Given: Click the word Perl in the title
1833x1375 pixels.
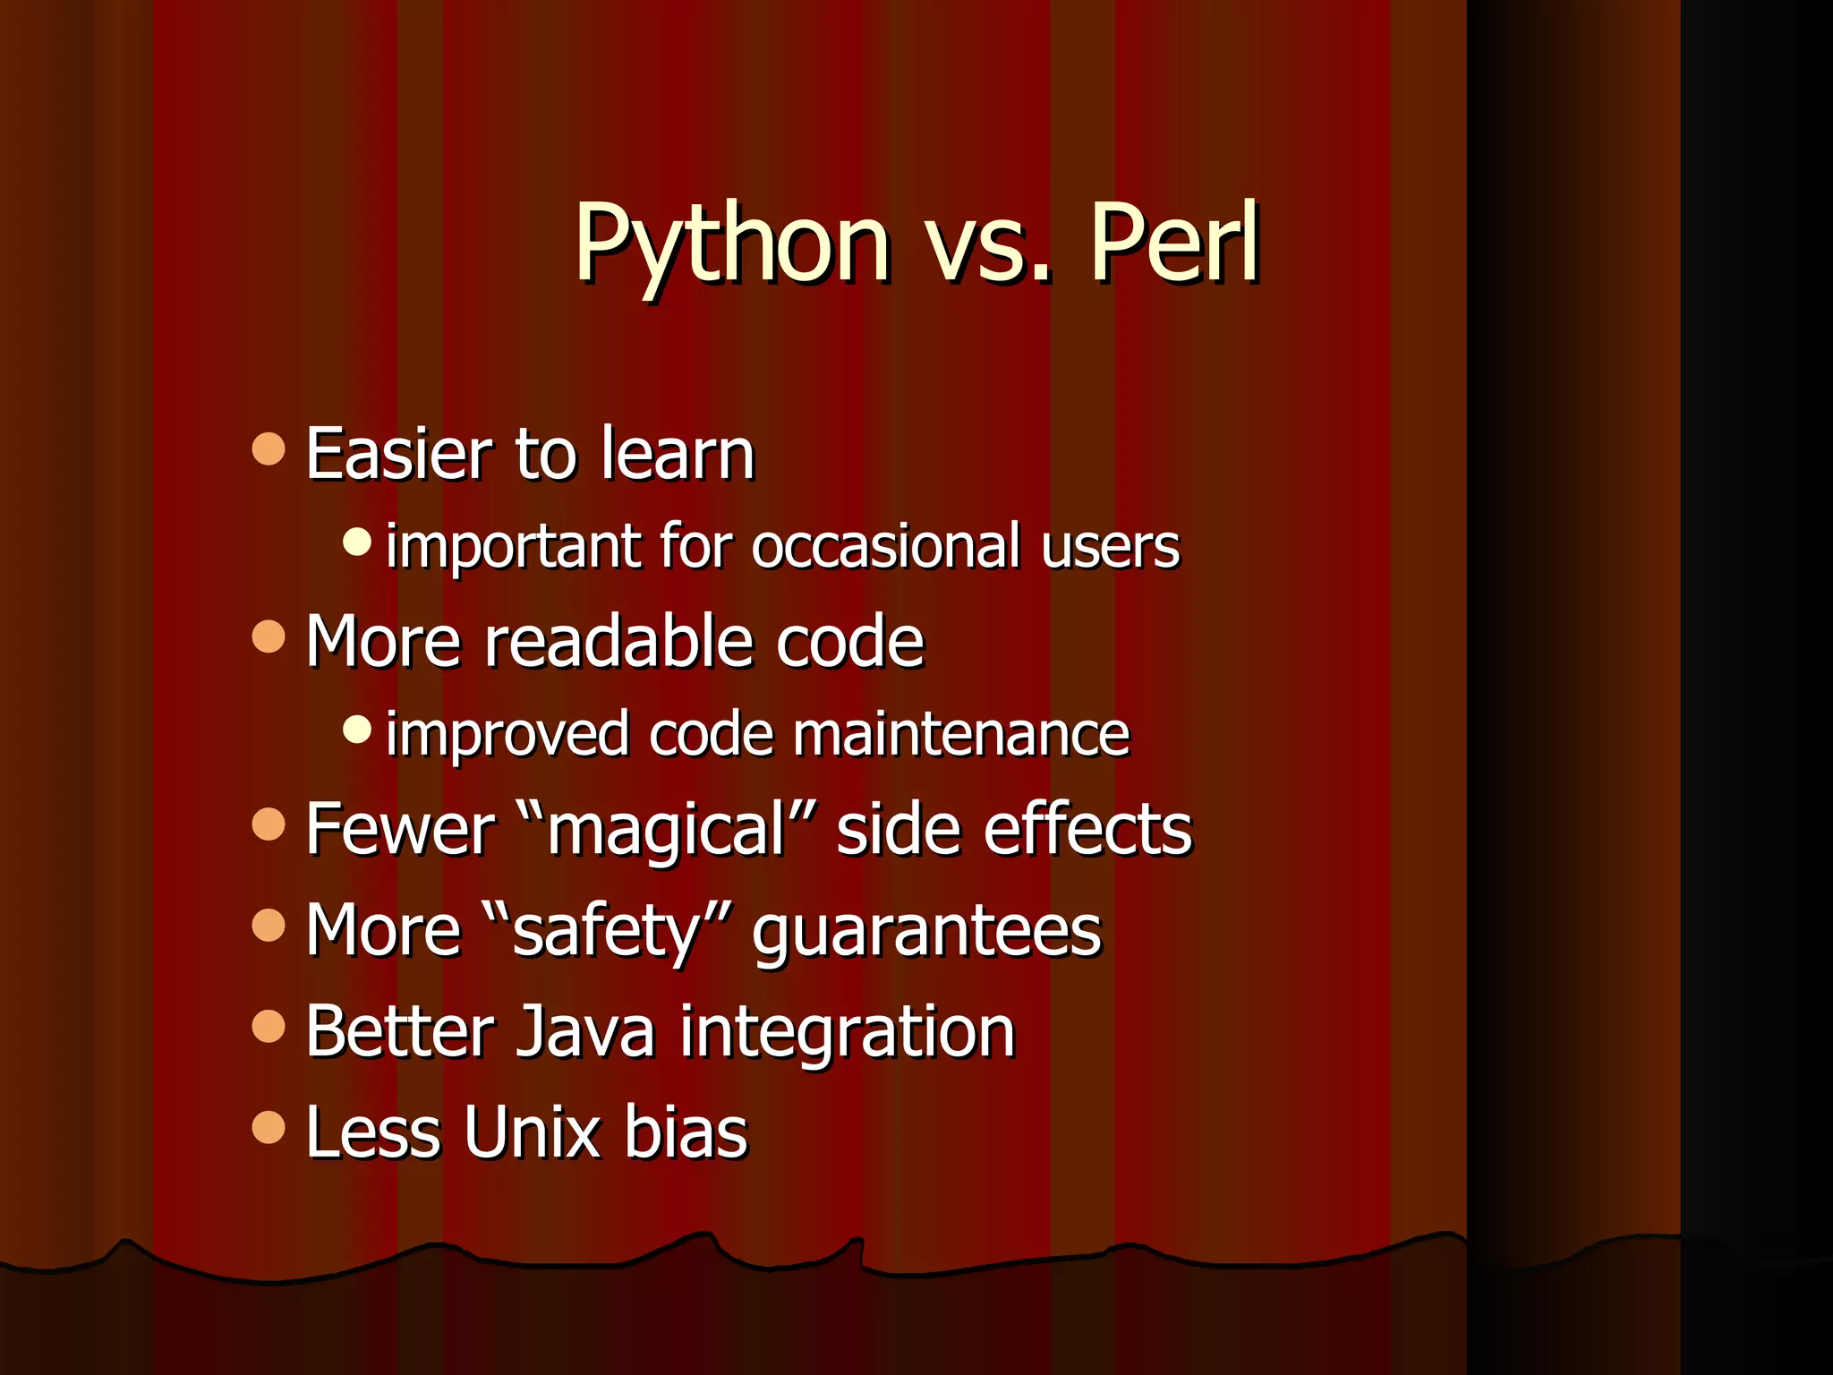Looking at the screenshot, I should (1173, 243).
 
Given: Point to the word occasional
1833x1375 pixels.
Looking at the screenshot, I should (885, 546).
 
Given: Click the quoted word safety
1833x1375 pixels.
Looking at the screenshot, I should (605, 931).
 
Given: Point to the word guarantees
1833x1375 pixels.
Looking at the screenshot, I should (926, 931).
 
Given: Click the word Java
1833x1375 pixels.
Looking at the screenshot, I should (586, 1031).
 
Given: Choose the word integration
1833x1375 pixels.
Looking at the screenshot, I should (847, 1031).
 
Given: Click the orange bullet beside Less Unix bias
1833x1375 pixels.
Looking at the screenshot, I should (269, 1128).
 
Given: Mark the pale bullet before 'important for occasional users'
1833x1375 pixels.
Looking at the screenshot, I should (357, 541).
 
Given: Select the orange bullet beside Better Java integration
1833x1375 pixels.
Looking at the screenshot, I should (269, 1027).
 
